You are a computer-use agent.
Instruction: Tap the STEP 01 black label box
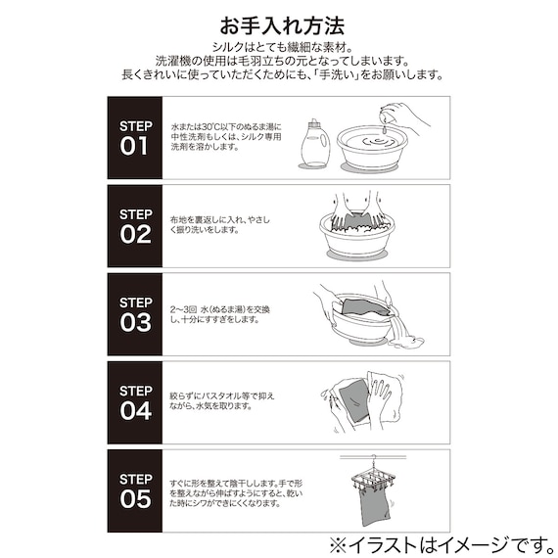[135, 138]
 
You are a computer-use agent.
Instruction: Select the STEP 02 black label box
[135, 226]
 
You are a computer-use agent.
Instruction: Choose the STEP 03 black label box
[135, 314]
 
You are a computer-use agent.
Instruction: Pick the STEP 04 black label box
[135, 402]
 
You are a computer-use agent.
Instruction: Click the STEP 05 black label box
[135, 490]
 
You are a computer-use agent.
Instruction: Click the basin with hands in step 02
[362, 236]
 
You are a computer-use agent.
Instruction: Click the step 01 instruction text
[225, 140]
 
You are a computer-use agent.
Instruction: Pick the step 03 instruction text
[217, 314]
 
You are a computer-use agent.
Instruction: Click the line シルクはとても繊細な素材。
[279, 48]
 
